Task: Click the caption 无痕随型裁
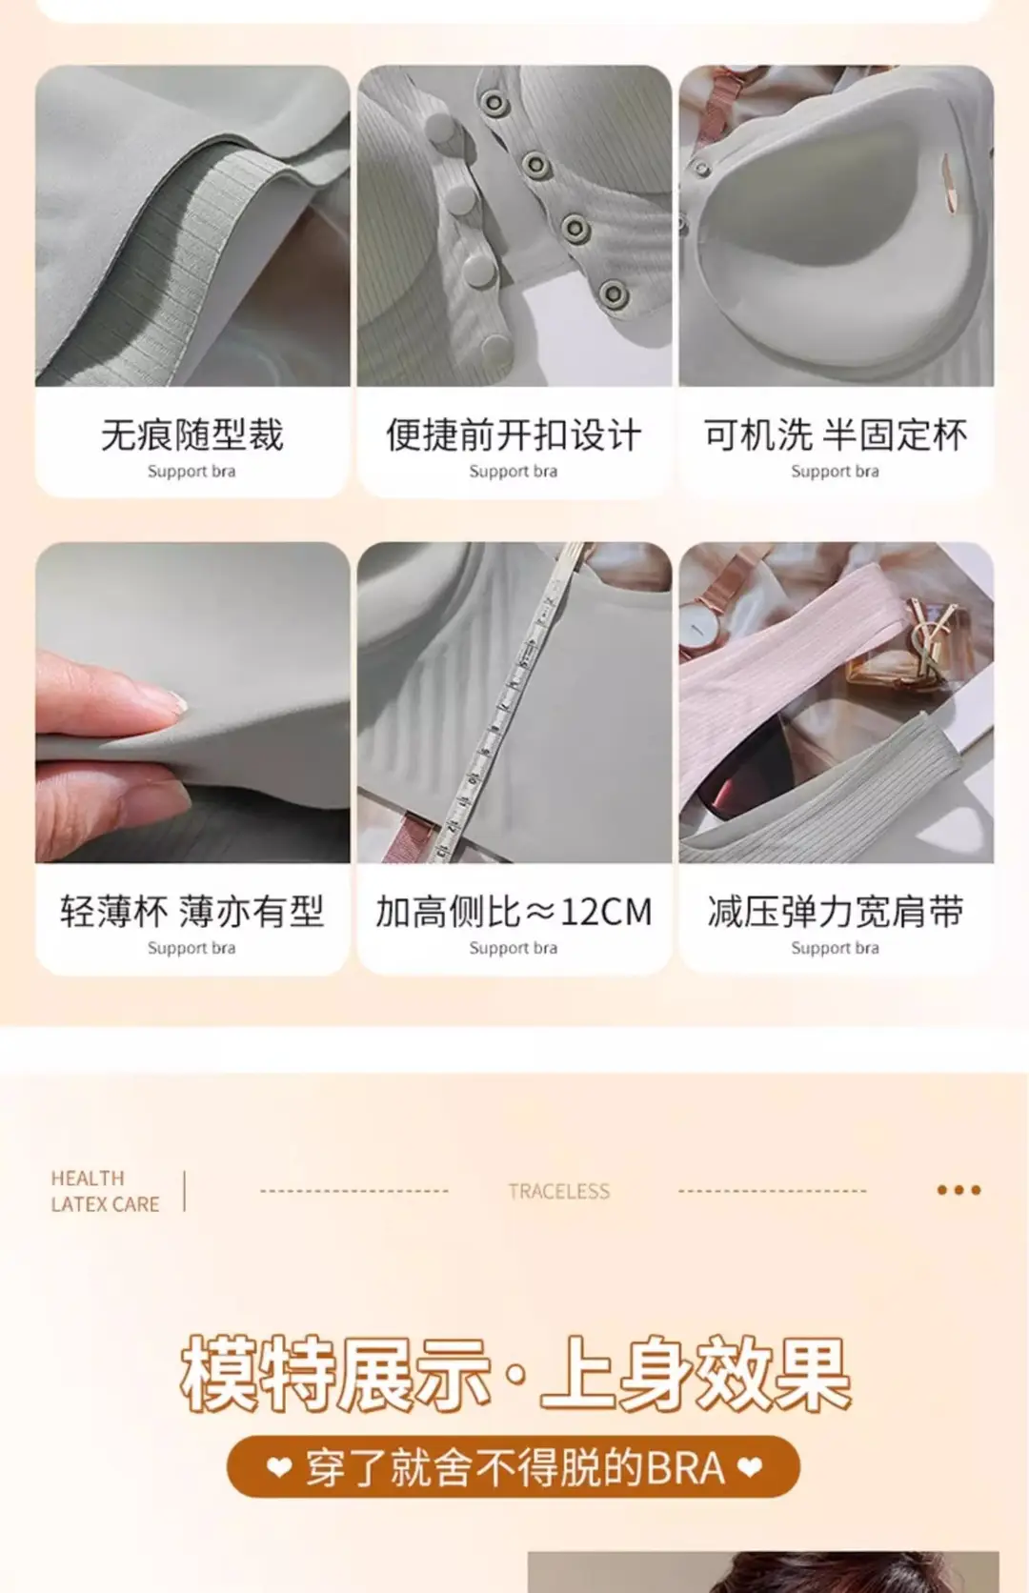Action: (x=192, y=434)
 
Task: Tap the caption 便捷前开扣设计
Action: (x=514, y=434)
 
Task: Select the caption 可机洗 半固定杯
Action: (x=836, y=434)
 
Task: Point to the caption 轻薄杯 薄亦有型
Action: (x=192, y=911)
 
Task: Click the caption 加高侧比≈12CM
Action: (x=514, y=911)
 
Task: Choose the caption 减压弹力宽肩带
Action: (x=836, y=911)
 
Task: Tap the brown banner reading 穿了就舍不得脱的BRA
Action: (x=514, y=1467)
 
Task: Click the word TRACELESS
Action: (x=559, y=1191)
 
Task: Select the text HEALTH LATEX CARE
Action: (x=105, y=1191)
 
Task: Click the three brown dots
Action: (x=958, y=1190)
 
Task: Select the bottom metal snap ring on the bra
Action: (x=613, y=293)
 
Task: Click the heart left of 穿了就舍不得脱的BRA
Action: (x=279, y=1467)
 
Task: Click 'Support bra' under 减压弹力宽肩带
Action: (x=835, y=948)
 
